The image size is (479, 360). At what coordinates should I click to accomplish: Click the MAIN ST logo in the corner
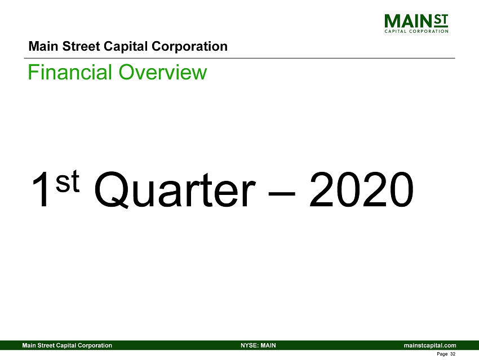click(x=416, y=23)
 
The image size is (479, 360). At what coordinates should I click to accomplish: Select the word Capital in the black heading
click(x=126, y=47)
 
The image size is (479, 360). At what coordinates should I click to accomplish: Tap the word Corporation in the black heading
click(x=189, y=47)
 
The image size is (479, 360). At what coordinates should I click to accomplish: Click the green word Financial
click(x=70, y=72)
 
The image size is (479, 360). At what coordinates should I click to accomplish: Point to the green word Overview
click(x=163, y=72)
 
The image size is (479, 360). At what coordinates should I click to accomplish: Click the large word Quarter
click(x=174, y=190)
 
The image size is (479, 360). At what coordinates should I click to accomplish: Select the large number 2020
click(x=361, y=189)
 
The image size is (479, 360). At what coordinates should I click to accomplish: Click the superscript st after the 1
click(x=68, y=181)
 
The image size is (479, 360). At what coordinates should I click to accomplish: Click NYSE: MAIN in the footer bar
click(x=258, y=345)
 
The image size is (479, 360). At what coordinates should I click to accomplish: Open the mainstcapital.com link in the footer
click(x=430, y=345)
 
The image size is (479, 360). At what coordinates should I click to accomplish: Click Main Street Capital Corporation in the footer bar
click(x=67, y=345)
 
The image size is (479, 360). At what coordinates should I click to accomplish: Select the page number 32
click(x=453, y=354)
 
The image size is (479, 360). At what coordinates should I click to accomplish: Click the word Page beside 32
click(x=442, y=354)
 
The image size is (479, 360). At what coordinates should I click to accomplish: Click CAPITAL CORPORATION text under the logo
click(x=416, y=31)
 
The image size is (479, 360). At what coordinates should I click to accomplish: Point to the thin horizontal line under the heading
click(x=239, y=58)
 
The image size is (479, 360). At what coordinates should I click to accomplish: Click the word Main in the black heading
click(x=44, y=46)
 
